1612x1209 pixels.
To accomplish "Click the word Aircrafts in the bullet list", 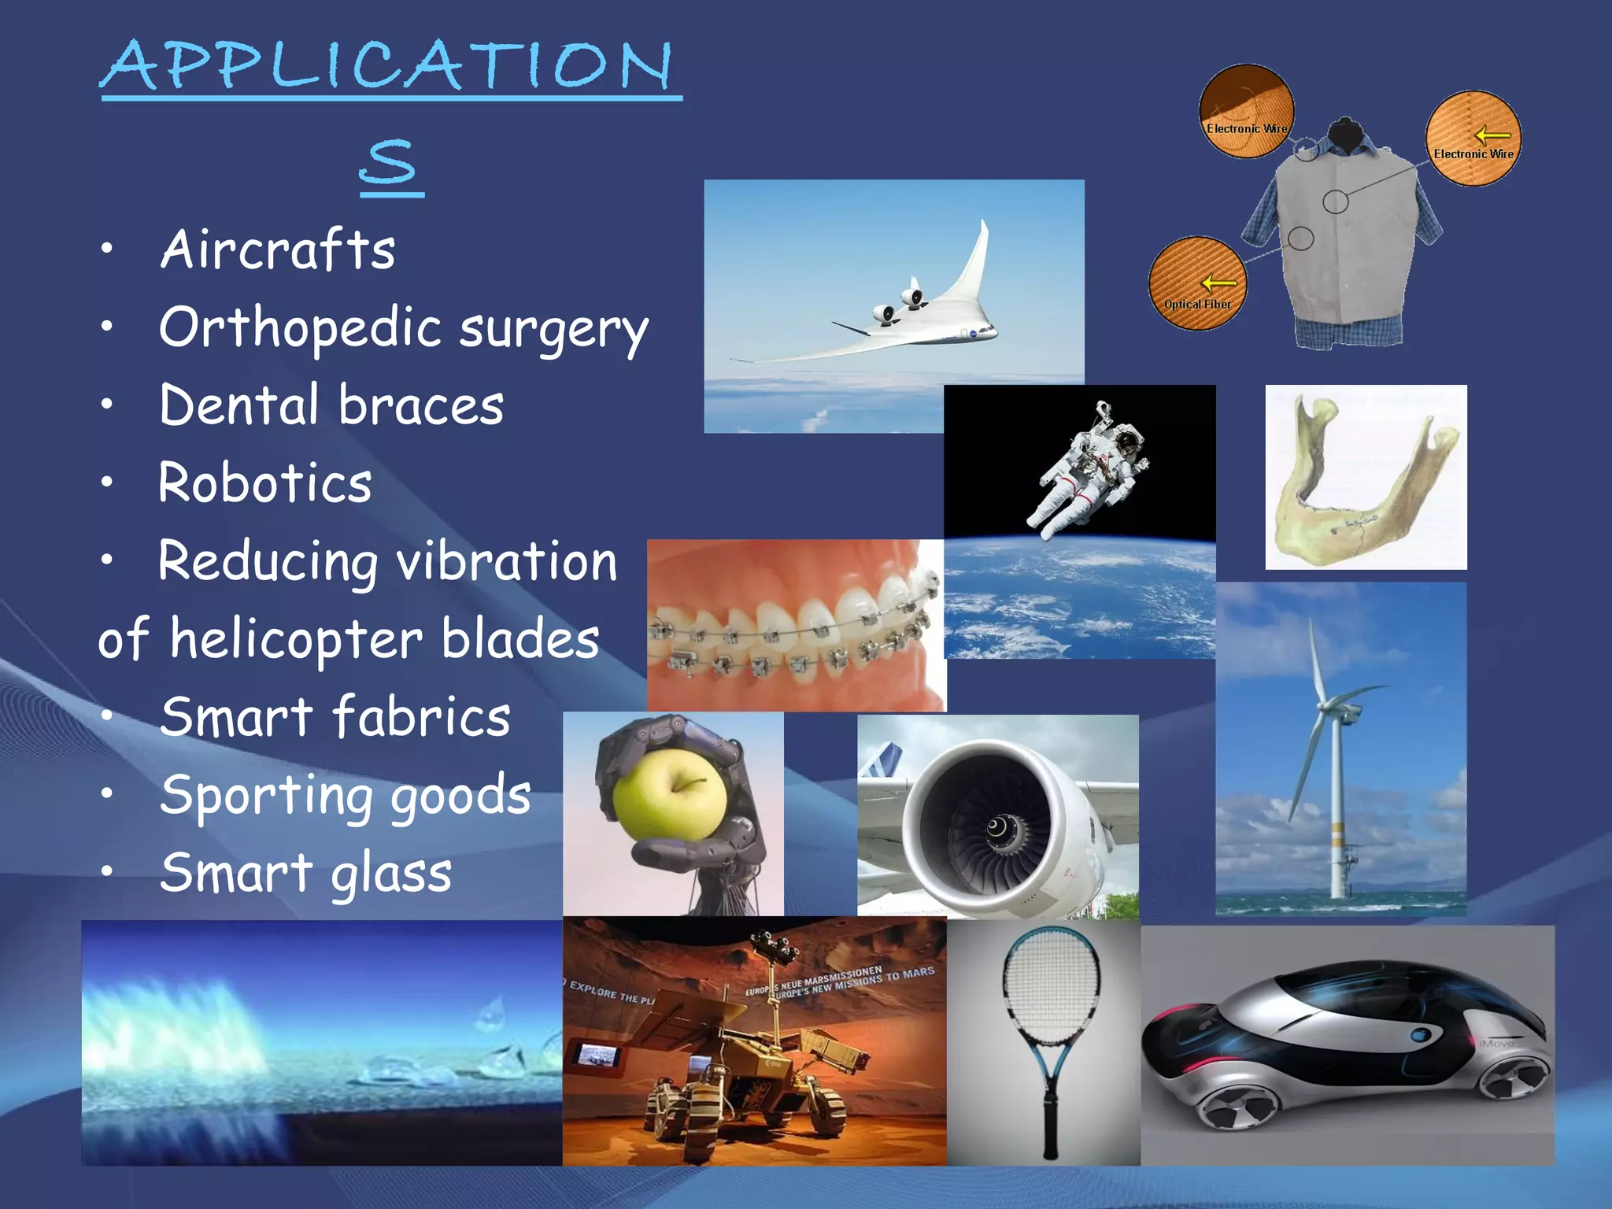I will coord(277,250).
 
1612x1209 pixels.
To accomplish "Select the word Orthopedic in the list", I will coord(300,328).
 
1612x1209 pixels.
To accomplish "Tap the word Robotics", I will coord(264,482).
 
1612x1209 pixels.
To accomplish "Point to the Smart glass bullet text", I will coord(305,873).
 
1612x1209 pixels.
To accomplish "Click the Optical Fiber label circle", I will coord(1197,283).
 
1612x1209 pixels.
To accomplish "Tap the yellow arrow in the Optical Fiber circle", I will coord(1218,283).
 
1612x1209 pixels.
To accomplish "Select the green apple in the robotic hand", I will coord(670,795).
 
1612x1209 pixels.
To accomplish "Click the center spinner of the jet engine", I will coord(996,827).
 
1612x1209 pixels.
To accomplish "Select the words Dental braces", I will coord(331,405).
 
